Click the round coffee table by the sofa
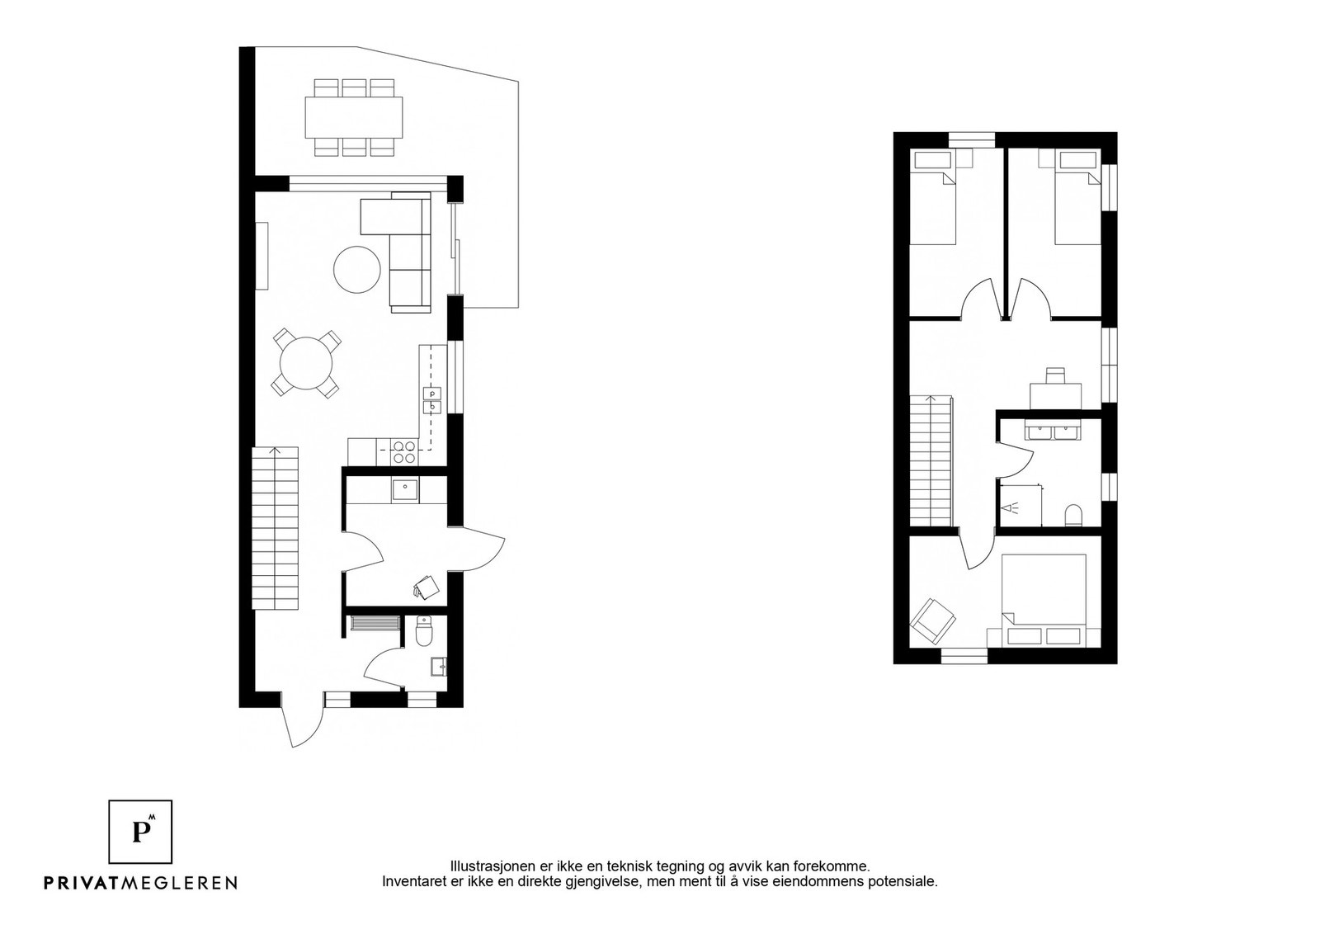coord(356,269)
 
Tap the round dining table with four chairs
coord(306,363)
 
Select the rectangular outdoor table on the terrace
coord(355,117)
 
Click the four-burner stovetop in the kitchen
coord(403,451)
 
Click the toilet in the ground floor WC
coord(423,634)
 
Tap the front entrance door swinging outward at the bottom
coord(295,719)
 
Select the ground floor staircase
coord(274,528)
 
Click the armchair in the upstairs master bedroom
coord(932,619)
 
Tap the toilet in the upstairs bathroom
coord(1072,516)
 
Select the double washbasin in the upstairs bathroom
coord(1050,432)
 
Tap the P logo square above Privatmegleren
coord(141,832)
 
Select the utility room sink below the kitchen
coord(404,490)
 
